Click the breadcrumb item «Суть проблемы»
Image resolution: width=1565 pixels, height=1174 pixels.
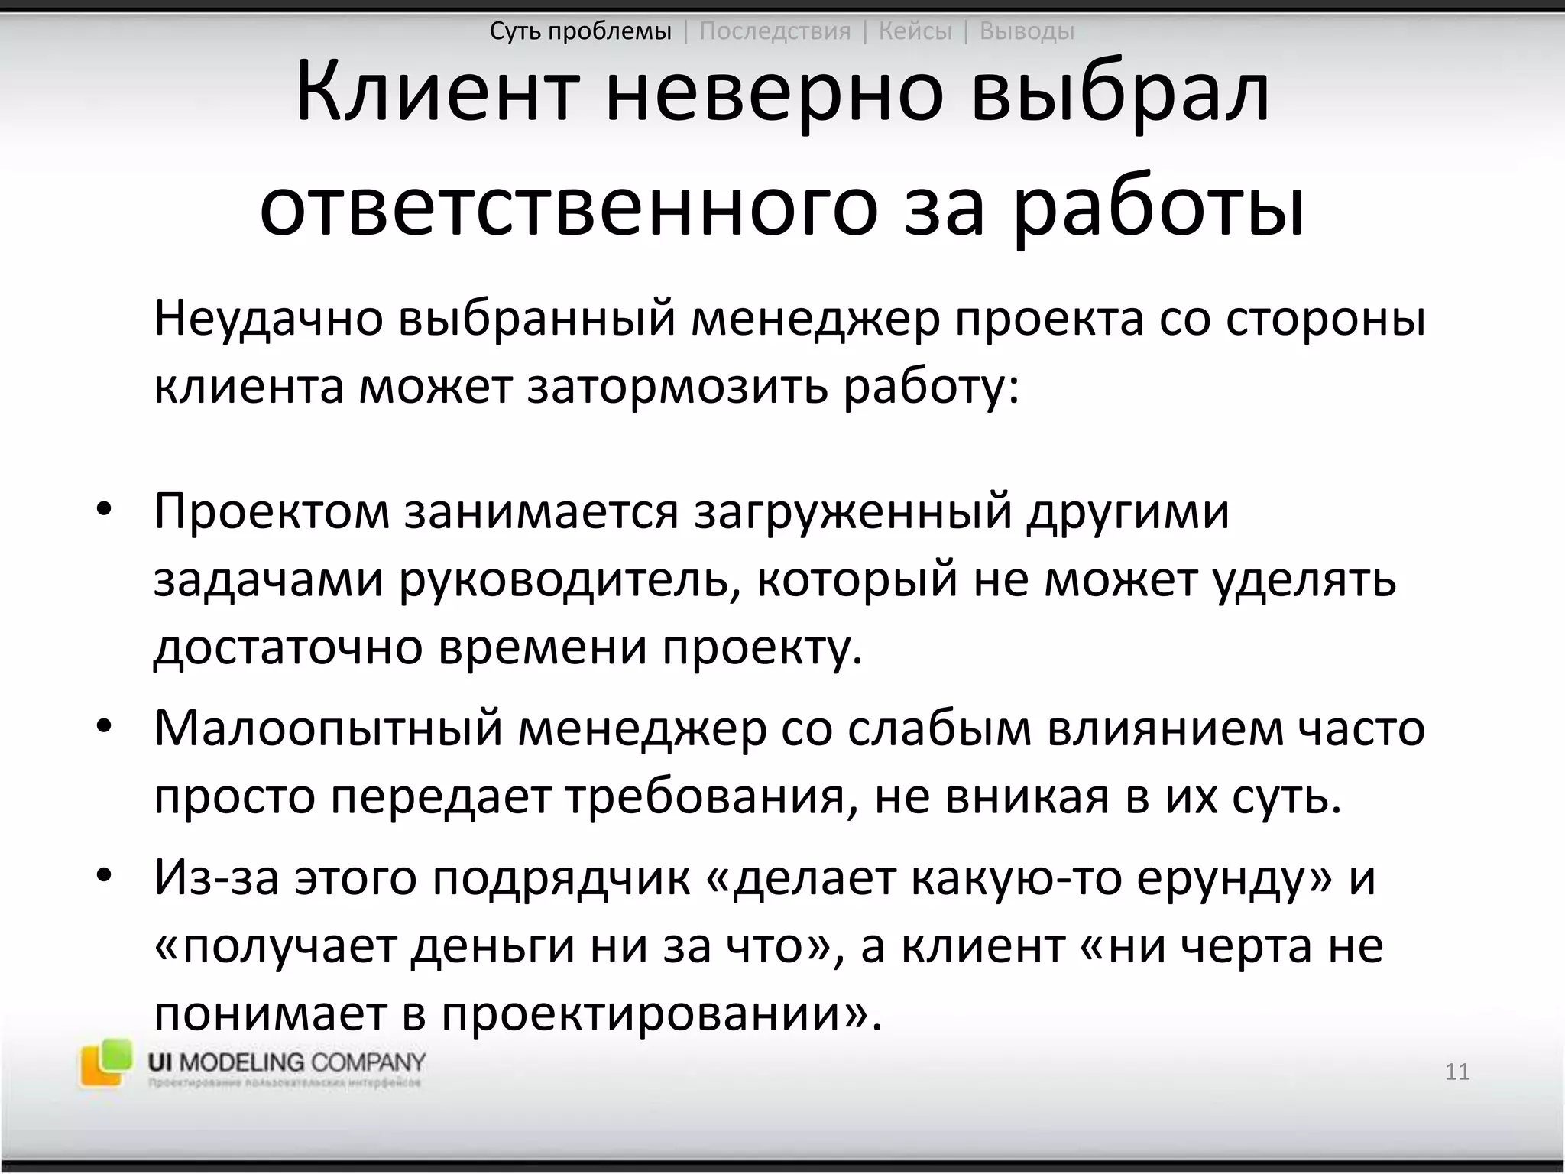(580, 31)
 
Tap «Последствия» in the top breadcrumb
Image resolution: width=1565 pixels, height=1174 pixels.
(775, 31)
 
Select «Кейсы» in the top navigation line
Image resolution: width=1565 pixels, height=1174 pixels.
(915, 31)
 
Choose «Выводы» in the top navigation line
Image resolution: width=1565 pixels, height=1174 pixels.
(1026, 31)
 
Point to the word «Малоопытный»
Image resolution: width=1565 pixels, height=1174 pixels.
(329, 728)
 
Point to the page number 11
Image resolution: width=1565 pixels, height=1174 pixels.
(1457, 1072)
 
